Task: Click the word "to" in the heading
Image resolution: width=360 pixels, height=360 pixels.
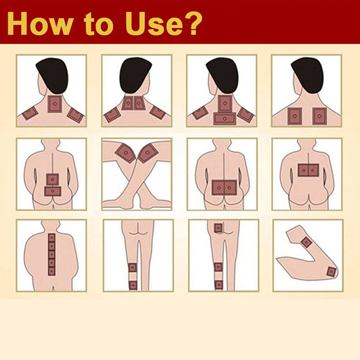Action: coord(99,25)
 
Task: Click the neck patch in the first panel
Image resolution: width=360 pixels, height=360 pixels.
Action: coord(55,104)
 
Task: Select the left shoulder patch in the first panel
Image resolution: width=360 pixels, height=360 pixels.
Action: coord(30,113)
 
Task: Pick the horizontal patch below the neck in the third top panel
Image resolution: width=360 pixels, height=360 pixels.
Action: coord(225,118)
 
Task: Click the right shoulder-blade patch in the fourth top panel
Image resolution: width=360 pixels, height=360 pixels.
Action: coord(319,116)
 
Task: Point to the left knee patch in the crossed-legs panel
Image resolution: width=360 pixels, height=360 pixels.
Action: coord(126,153)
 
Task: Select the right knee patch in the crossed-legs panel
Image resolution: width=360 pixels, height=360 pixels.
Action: coord(148,153)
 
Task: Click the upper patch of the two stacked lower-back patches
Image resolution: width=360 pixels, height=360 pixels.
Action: coord(53,179)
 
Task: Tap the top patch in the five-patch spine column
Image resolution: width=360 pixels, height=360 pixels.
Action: coord(52,238)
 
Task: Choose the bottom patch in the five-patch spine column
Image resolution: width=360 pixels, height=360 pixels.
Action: coord(52,272)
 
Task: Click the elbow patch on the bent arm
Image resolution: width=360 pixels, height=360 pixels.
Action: coord(331,272)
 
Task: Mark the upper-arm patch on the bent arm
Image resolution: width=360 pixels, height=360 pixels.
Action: coord(306,242)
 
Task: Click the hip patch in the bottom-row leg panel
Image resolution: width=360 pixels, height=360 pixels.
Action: coord(218,228)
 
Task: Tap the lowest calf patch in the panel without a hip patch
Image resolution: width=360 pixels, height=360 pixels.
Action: coord(133,285)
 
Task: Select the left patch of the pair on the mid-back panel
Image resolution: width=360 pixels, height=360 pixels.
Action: coord(303,170)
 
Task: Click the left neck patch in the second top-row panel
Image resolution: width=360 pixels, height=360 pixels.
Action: coord(127,103)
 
